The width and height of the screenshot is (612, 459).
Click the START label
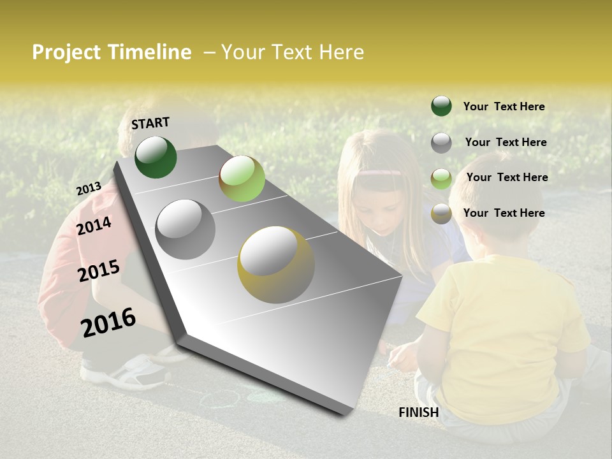pyautogui.click(x=150, y=123)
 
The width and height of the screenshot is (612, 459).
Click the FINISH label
pyautogui.click(x=418, y=412)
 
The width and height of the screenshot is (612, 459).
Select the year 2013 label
pyautogui.click(x=89, y=189)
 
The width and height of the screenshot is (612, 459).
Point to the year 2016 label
pyautogui.click(x=108, y=322)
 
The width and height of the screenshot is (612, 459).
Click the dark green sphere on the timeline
pyautogui.click(x=156, y=157)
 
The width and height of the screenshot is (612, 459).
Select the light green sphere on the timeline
pyautogui.click(x=242, y=178)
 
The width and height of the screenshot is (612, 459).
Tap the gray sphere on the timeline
pyautogui.click(x=186, y=229)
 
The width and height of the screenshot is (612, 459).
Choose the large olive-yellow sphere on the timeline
pyautogui.click(x=276, y=265)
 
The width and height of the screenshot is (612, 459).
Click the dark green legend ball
pyautogui.click(x=441, y=106)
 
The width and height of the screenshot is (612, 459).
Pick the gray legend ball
pyautogui.click(x=441, y=143)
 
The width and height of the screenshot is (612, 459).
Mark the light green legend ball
pyautogui.click(x=441, y=178)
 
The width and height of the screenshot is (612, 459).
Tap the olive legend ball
pyautogui.click(x=441, y=214)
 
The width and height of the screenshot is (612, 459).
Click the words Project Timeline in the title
pyautogui.click(x=112, y=52)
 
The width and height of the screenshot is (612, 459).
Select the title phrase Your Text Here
pyautogui.click(x=293, y=52)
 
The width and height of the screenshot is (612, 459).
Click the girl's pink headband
pyautogui.click(x=380, y=172)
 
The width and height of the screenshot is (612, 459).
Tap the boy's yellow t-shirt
pyautogui.click(x=504, y=331)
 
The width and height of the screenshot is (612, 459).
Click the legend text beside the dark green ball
pyautogui.click(x=504, y=106)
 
